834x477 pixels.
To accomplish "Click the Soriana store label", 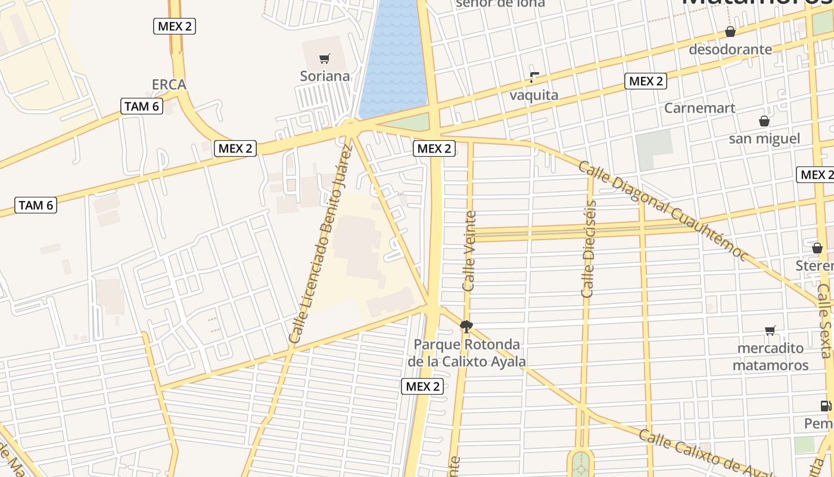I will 325,76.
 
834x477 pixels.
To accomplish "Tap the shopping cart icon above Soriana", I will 325,58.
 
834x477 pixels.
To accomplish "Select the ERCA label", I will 169,85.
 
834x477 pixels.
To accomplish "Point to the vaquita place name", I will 534,95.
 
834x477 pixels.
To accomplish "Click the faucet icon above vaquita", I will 534,77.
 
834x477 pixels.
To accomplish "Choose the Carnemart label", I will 700,108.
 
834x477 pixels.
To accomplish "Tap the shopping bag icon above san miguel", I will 764,121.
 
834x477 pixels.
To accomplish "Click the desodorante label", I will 730,49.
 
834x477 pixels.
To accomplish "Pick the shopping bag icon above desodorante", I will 730,32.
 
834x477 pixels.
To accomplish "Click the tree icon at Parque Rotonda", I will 466,326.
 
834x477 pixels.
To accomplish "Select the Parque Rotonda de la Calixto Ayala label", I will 467,353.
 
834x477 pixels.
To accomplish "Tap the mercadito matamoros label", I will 770,357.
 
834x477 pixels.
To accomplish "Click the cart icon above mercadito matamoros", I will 770,330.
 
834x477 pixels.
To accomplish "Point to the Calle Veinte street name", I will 469,250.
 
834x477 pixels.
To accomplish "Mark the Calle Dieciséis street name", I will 589,249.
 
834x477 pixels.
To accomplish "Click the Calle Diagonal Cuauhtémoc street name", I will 662,210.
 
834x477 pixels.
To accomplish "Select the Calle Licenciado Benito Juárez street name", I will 320,244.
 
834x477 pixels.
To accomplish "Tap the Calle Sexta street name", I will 824,320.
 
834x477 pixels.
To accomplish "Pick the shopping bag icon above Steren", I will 817,247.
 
